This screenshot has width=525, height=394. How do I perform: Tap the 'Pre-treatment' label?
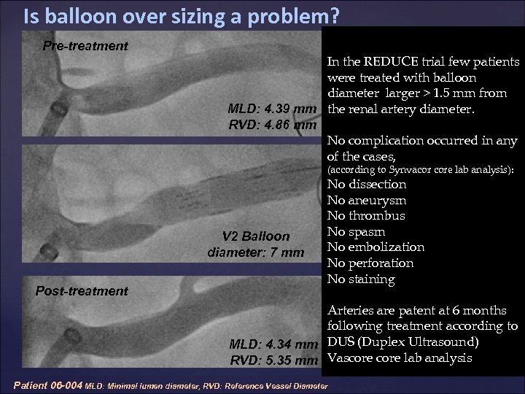pos(85,46)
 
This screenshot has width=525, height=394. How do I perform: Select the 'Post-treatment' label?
pos(82,291)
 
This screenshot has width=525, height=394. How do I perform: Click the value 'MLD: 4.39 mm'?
pos(272,109)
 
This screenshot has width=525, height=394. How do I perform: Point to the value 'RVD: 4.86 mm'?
pos(272,125)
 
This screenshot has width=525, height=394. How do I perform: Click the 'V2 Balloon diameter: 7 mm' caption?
pos(256,244)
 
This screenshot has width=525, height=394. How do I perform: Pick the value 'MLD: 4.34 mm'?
pos(272,344)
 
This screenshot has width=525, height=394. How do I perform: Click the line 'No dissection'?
pos(367,184)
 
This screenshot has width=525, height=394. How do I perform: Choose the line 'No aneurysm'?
pos(367,200)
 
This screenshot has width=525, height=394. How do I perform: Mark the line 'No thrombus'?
pos(366,215)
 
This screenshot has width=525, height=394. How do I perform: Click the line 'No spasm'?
pos(357,231)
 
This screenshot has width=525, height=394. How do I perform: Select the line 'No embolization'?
pos(376,247)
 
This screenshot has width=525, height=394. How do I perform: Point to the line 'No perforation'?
pos(370,263)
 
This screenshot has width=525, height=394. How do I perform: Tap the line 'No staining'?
pos(361,279)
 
